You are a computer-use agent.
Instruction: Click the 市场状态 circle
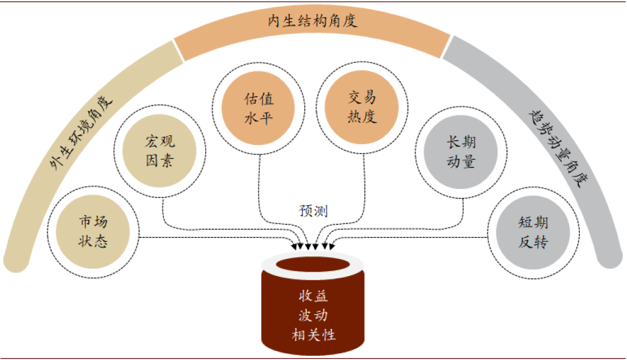(93, 231)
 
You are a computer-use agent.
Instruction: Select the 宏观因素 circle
(159, 152)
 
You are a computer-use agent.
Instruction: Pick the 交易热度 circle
(362, 107)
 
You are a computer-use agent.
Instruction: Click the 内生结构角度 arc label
(312, 21)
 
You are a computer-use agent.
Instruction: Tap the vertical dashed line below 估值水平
(260, 183)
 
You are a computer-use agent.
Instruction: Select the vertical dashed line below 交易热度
(363, 183)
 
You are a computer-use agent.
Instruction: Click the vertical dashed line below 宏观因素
(164, 210)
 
